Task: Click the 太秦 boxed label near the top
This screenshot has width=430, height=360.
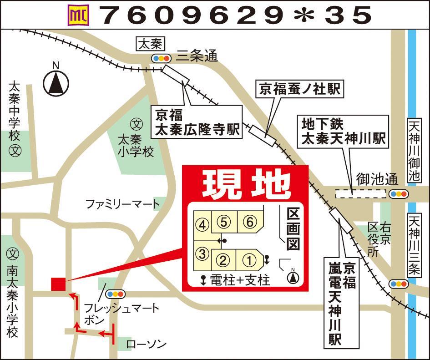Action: tap(150, 44)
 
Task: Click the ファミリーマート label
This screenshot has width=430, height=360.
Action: tap(123, 204)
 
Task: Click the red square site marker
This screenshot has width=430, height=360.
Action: tap(58, 284)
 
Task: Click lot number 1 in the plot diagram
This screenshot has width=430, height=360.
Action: tap(249, 260)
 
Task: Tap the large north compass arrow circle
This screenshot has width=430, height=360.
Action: tap(56, 83)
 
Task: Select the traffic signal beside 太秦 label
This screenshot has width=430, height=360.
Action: tap(161, 58)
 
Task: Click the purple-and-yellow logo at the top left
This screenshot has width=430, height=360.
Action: tap(78, 16)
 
